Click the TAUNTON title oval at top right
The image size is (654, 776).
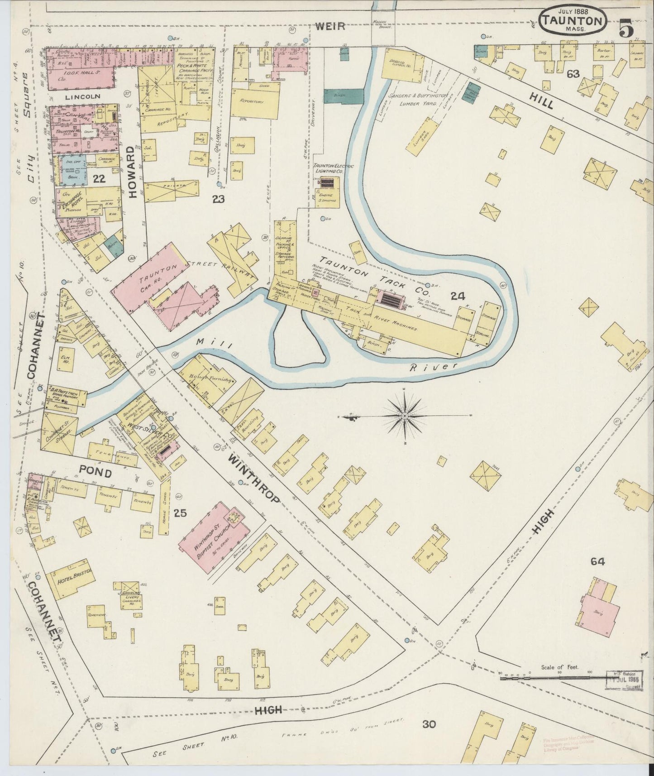(573, 21)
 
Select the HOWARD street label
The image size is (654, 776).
(132, 172)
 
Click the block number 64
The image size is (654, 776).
(597, 561)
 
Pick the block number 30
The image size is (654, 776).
(429, 724)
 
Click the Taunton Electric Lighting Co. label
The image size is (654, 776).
(334, 169)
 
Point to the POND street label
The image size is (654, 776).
(95, 473)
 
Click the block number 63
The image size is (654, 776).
(573, 74)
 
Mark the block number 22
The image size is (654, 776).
(99, 179)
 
